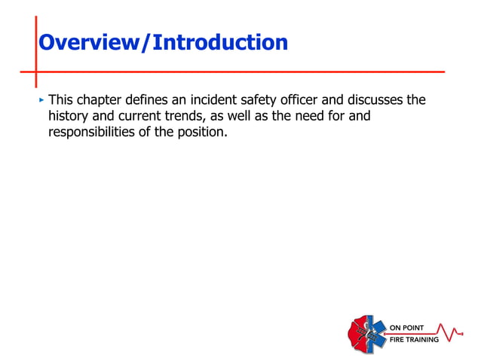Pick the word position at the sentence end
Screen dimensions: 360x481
click(203, 133)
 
